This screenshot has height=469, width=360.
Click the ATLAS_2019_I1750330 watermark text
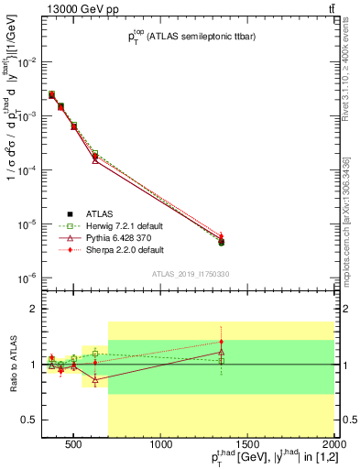190,273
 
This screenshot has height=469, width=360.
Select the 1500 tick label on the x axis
248,446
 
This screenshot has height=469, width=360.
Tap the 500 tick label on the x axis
74,446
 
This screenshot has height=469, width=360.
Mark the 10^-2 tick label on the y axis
27,62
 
